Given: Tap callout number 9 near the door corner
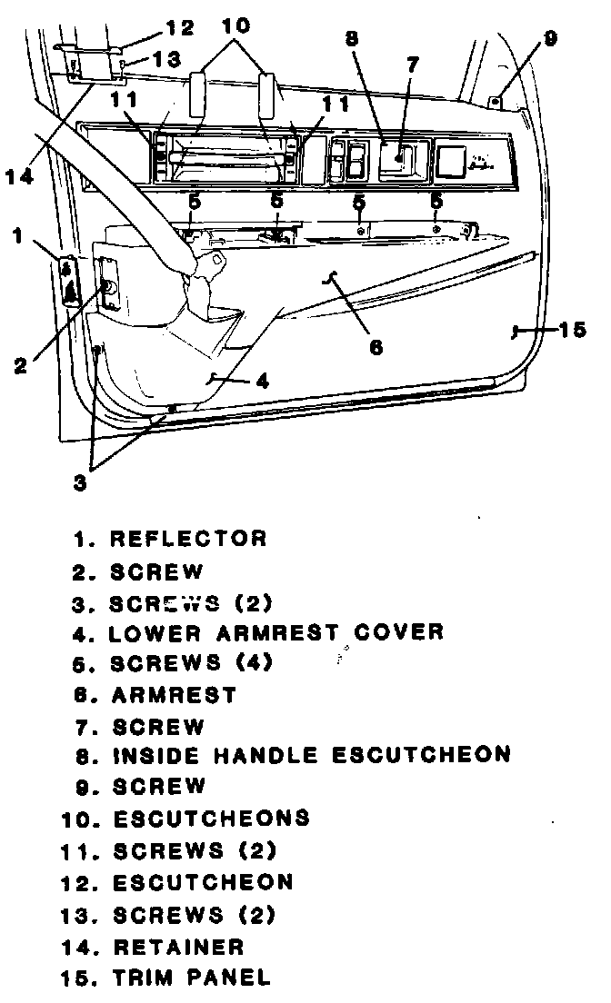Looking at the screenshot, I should pyautogui.click(x=550, y=38).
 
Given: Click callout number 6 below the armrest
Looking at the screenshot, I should pyautogui.click(x=375, y=346).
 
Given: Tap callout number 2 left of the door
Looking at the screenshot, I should pyautogui.click(x=22, y=366).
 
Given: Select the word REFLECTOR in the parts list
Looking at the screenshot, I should pyautogui.click(x=188, y=539).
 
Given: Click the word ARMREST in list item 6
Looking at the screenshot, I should pyautogui.click(x=175, y=695).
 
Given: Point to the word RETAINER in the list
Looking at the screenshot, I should pyautogui.click(x=178, y=947).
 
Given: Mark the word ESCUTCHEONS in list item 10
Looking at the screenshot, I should pyautogui.click(x=211, y=819).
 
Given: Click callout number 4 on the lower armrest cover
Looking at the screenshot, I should pyautogui.click(x=261, y=382).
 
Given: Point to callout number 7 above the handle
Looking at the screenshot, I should pyautogui.click(x=413, y=65).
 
